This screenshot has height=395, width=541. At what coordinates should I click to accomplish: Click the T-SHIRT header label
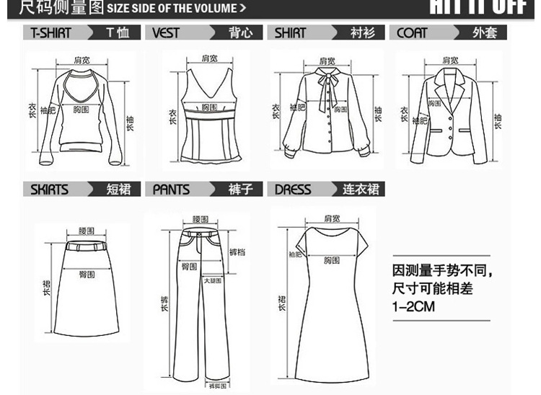click(x=51, y=33)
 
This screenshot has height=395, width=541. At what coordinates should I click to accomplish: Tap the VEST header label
click(x=166, y=33)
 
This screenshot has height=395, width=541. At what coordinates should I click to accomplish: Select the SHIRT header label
click(x=290, y=33)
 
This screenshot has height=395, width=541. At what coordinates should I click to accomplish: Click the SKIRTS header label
click(x=49, y=190)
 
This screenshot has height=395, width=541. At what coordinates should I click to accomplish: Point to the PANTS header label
click(x=171, y=190)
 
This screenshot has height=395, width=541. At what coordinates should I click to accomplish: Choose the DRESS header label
click(x=293, y=190)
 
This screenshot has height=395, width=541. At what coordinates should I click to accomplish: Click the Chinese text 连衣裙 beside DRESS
click(x=359, y=190)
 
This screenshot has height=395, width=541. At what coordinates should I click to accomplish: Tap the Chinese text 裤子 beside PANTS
click(x=239, y=190)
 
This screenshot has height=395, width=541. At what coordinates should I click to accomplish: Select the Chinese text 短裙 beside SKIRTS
click(x=118, y=190)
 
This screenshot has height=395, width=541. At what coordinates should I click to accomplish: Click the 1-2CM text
click(x=413, y=307)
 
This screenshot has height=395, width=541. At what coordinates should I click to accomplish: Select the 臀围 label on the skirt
click(x=87, y=274)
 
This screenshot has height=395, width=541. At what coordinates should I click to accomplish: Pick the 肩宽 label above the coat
click(x=450, y=60)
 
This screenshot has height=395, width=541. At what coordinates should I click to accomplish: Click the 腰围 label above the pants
click(x=201, y=219)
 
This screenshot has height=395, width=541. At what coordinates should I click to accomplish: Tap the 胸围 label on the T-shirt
click(x=81, y=110)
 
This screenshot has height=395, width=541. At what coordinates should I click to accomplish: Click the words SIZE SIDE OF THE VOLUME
click(x=176, y=9)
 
